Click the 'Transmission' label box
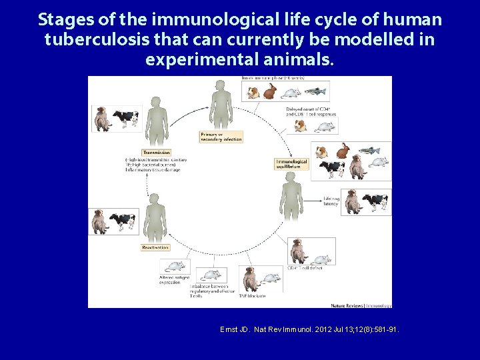click(157, 152)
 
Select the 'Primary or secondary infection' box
click(221, 137)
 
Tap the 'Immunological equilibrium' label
click(292, 163)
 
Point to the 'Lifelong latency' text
click(331, 201)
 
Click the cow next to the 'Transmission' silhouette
click(124, 119)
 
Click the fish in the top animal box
click(317, 91)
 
